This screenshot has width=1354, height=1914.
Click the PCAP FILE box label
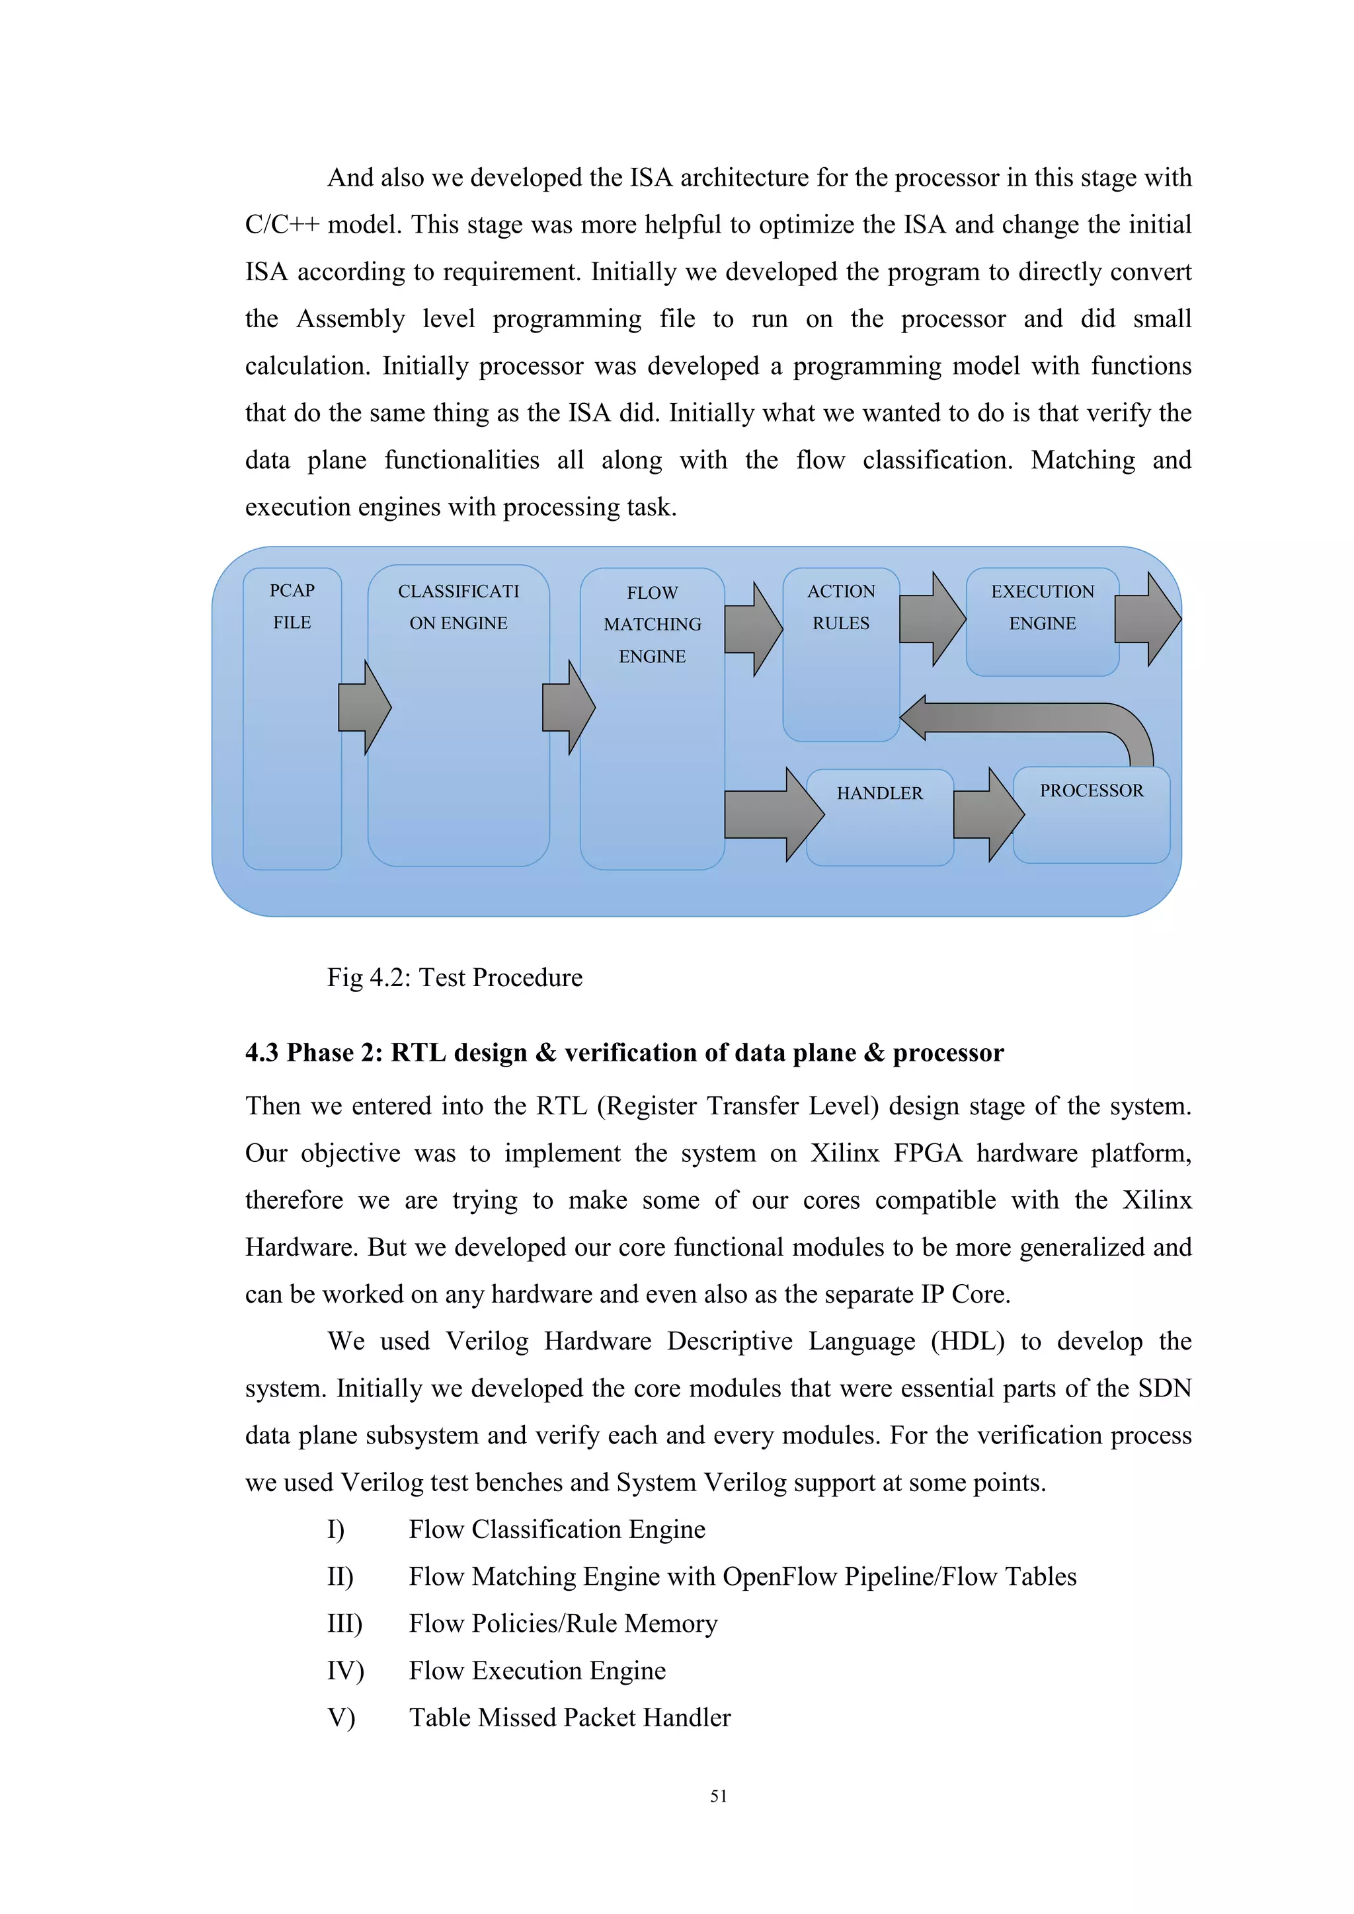tap(292, 606)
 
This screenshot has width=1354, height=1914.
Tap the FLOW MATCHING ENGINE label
tap(652, 625)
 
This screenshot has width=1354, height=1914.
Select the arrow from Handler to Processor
tap(988, 814)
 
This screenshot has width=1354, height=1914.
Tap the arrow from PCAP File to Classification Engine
tap(364, 708)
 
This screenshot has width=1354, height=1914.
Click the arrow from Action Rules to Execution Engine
tap(933, 619)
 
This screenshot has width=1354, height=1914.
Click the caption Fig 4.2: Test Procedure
tap(454, 977)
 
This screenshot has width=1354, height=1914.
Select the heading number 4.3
tap(262, 1053)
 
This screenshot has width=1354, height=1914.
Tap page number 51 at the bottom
tap(718, 1796)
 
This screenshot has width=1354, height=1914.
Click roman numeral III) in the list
tap(344, 1624)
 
